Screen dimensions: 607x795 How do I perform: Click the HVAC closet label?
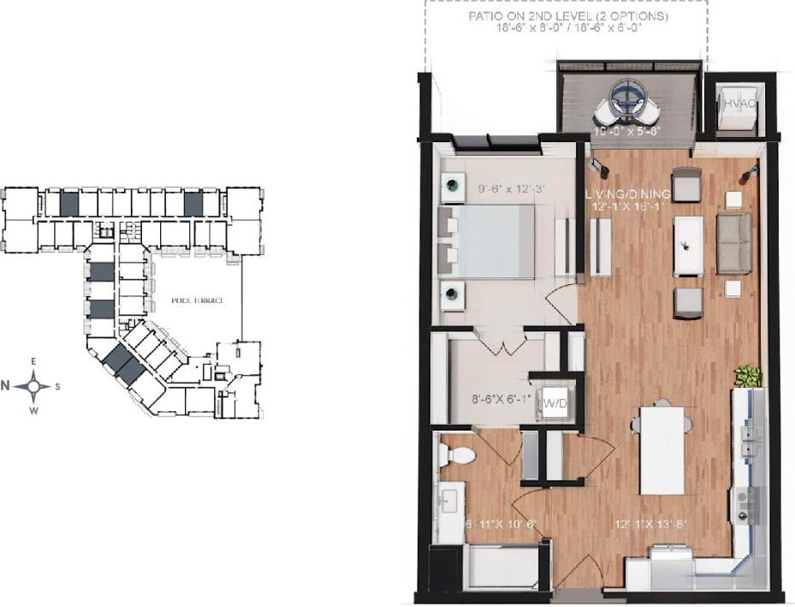(x=739, y=104)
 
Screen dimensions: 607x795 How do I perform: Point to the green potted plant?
(x=748, y=376)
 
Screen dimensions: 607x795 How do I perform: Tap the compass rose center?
(x=34, y=385)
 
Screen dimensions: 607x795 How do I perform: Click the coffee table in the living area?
(x=688, y=246)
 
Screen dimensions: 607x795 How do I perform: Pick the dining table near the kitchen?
(x=662, y=449)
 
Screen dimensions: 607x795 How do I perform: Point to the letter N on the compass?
(x=5, y=385)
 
